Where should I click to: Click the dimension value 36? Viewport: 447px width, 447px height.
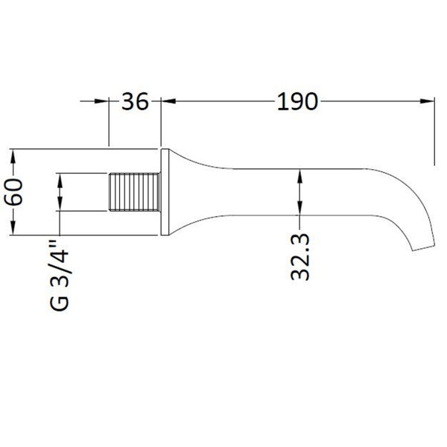(x=135, y=101)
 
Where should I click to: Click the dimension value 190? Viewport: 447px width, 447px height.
(x=297, y=101)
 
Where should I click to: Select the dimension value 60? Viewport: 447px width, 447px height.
(x=13, y=191)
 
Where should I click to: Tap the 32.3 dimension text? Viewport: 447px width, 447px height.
(x=300, y=257)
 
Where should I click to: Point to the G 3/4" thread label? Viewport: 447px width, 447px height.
(x=60, y=276)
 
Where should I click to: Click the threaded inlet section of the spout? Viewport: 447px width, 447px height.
(x=134, y=192)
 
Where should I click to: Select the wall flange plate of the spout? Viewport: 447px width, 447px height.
(x=165, y=192)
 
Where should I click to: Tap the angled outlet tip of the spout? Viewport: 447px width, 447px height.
(x=424, y=248)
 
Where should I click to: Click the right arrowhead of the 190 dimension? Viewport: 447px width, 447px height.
(x=428, y=101)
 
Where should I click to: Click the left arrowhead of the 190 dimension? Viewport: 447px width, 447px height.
(x=168, y=101)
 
